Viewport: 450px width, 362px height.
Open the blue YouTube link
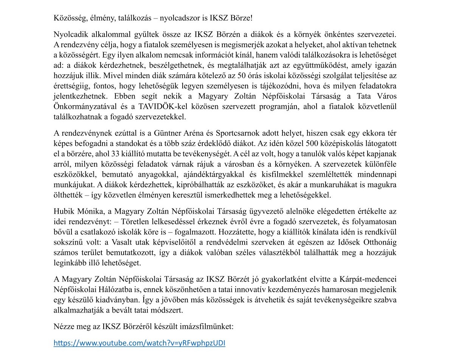pos(140,344)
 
